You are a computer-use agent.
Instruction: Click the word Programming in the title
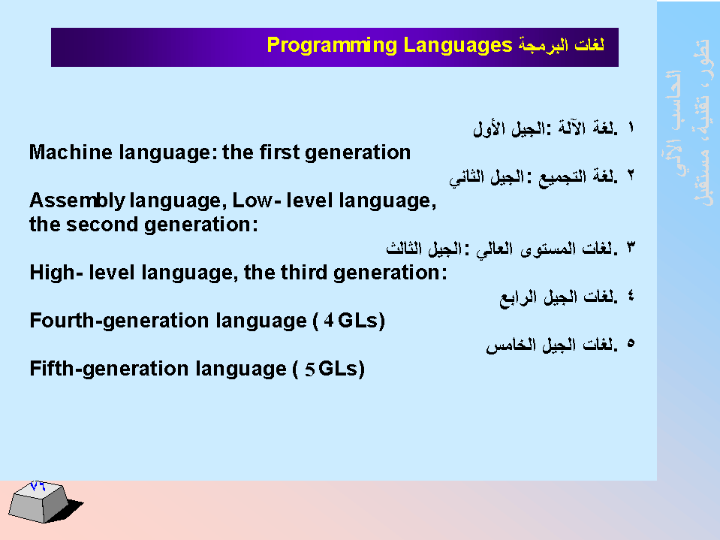(x=332, y=46)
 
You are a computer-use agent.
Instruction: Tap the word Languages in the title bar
(x=458, y=46)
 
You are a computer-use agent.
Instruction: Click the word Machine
(x=71, y=152)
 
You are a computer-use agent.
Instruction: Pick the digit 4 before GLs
(x=328, y=321)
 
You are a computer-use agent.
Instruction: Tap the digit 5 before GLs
(x=310, y=370)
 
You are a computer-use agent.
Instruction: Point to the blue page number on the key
(x=38, y=485)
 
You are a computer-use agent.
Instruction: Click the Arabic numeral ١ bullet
(x=631, y=127)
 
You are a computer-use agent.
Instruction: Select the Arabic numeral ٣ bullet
(x=631, y=248)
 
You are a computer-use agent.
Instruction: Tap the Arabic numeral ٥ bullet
(x=631, y=343)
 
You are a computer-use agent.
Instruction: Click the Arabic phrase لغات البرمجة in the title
(x=561, y=45)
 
